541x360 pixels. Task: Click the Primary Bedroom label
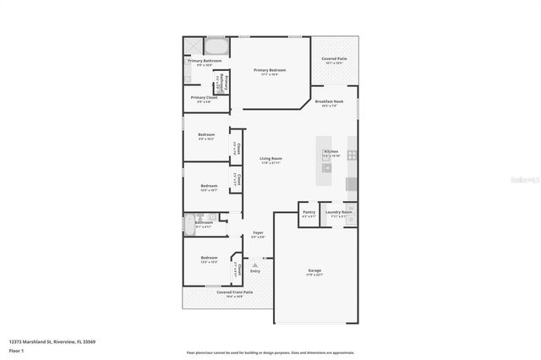(270, 70)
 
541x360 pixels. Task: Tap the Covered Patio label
(332, 59)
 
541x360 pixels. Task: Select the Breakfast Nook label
(328, 101)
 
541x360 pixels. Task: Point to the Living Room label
(270, 158)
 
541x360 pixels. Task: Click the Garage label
(314, 270)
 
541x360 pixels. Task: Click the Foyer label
(258, 232)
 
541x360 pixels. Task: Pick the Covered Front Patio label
(223, 292)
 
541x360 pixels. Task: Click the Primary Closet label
(204, 97)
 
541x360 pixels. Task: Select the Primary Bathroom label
(204, 61)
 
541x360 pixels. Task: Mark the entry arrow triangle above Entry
(254, 265)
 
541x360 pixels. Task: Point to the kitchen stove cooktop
(352, 155)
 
